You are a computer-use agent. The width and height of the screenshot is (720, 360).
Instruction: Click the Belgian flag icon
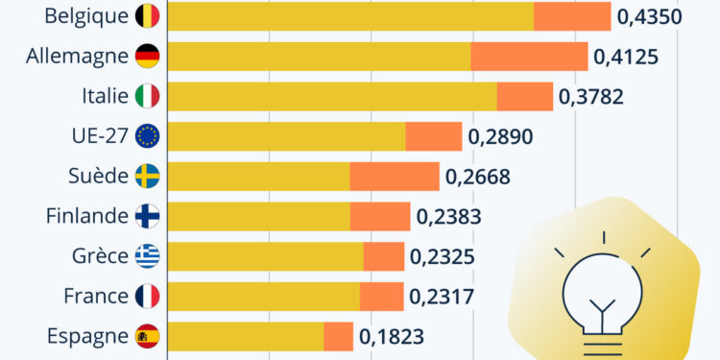tap(148, 16)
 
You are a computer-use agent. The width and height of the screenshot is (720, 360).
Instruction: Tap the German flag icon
tap(148, 56)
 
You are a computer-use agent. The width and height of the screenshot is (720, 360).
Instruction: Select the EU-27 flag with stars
tap(148, 136)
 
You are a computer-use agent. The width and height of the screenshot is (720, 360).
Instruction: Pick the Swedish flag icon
tap(148, 177)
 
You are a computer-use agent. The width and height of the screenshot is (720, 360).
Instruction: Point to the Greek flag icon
tap(148, 256)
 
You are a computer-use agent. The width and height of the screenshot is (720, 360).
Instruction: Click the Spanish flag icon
tap(148, 336)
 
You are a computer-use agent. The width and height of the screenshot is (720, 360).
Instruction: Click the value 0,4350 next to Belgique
tap(649, 16)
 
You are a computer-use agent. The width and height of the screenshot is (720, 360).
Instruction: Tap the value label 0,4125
tap(626, 57)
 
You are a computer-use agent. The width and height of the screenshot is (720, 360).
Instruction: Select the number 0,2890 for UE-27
tap(500, 136)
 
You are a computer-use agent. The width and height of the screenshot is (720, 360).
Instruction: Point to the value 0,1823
tap(392, 337)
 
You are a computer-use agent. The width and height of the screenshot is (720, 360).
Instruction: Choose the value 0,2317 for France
tap(441, 297)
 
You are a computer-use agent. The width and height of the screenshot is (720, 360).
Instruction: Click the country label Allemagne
tap(78, 56)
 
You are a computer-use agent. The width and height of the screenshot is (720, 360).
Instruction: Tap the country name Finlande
tap(86, 216)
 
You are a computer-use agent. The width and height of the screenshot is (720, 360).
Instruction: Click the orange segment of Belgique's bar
tap(572, 16)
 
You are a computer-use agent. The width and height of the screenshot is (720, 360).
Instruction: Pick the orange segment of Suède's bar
tap(394, 177)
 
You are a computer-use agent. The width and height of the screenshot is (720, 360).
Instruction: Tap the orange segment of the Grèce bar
tap(383, 256)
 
